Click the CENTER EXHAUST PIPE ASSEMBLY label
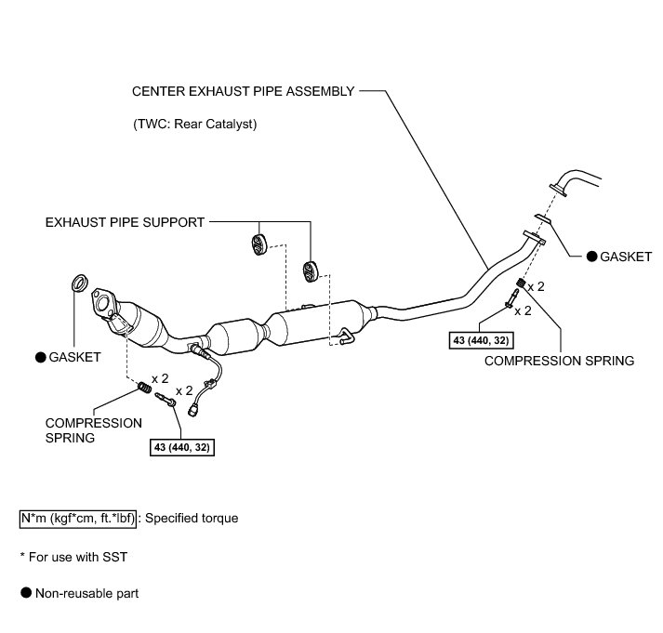tap(243, 92)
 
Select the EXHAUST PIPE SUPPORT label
tap(124, 223)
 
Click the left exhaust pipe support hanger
tap(257, 244)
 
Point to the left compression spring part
tap(144, 385)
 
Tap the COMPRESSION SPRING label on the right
tap(560, 360)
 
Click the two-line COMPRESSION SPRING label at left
tap(93, 429)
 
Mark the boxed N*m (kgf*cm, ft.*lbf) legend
tap(78, 518)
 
